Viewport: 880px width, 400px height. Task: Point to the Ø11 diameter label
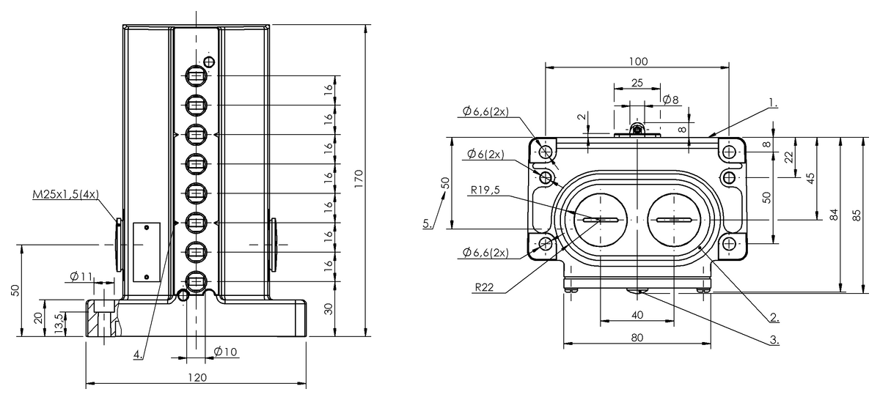click(81, 277)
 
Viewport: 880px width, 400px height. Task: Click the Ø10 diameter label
click(225, 352)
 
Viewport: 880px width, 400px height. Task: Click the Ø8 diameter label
click(670, 100)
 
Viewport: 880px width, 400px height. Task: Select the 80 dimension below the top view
click(637, 338)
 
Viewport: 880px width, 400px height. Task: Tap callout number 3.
click(774, 340)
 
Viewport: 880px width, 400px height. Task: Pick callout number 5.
click(427, 224)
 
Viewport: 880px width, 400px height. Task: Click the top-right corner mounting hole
click(728, 152)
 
